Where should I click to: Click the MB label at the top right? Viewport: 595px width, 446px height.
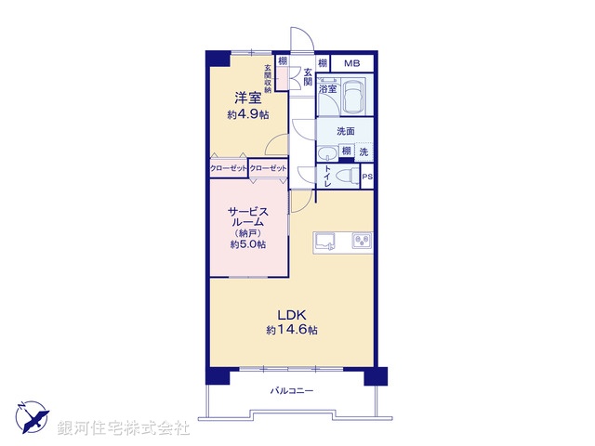pyautogui.click(x=350, y=63)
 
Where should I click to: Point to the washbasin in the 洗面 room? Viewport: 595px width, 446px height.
pyautogui.click(x=327, y=154)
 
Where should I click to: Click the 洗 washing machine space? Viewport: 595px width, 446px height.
pyautogui.click(x=364, y=151)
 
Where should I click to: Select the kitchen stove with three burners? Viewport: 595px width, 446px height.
pyautogui.click(x=361, y=243)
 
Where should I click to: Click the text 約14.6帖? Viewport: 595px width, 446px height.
pyautogui.click(x=292, y=330)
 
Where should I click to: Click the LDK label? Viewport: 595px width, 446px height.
pyautogui.click(x=292, y=314)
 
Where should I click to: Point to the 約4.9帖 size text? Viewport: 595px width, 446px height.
pyautogui.click(x=246, y=114)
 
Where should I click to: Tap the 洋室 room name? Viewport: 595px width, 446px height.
pyautogui.click(x=245, y=98)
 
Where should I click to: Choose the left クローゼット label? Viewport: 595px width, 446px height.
pyautogui.click(x=228, y=167)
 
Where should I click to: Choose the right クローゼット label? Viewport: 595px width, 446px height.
pyautogui.click(x=268, y=167)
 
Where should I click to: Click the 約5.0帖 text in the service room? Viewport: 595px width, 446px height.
pyautogui.click(x=248, y=244)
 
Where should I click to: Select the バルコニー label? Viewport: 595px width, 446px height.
pyautogui.click(x=292, y=390)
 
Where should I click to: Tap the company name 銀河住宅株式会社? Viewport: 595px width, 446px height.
pyautogui.click(x=124, y=428)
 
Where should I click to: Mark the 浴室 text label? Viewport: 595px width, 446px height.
pyautogui.click(x=327, y=90)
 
